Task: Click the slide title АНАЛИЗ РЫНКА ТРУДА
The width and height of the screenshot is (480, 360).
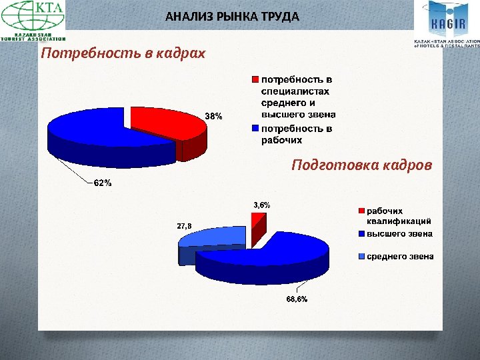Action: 232,16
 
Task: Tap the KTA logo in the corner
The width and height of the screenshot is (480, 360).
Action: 33,21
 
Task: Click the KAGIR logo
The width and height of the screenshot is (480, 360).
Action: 446,24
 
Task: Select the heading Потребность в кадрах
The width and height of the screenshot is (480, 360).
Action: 123,53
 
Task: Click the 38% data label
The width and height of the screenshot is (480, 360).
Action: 213,116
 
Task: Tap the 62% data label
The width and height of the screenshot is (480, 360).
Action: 102,183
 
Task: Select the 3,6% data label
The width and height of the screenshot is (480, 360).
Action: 261,205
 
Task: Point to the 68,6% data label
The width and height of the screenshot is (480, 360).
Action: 297,299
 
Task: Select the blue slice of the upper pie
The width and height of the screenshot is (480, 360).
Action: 87,130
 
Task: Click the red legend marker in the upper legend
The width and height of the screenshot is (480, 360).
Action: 255,80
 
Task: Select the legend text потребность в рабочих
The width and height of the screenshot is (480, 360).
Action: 296,135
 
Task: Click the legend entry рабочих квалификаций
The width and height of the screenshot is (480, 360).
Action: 399,215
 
